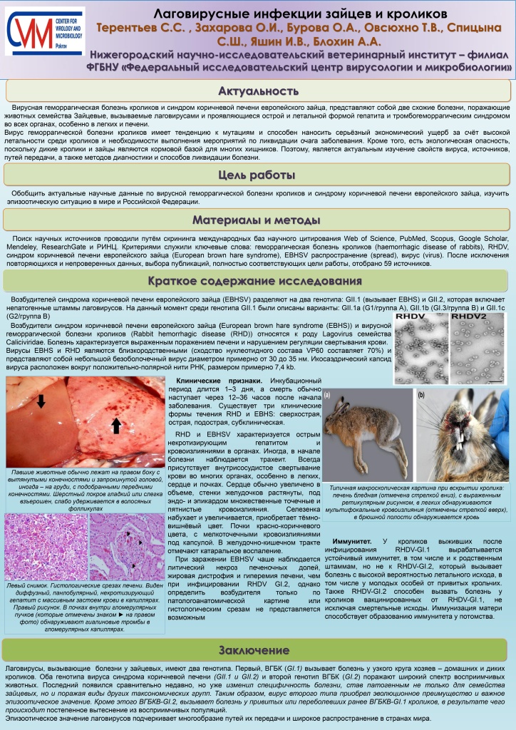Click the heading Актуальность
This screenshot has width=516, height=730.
pos(257,91)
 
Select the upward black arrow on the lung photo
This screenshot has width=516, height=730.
pos(117,426)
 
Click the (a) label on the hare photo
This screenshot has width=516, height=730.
pos(327,394)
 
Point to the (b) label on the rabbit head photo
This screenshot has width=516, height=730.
pos(421,394)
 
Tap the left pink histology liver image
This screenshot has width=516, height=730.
pos(46,546)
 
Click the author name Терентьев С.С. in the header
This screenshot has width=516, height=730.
pos(142,27)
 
